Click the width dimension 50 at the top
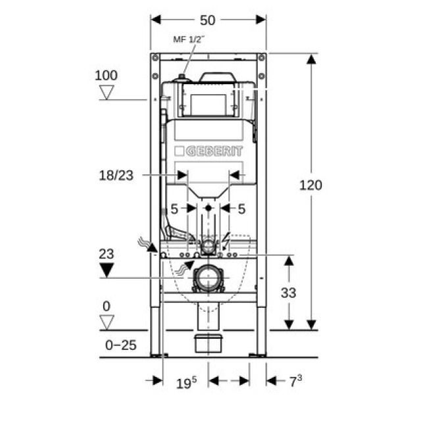point(208,20)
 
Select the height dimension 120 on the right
point(311,185)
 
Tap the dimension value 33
point(288,293)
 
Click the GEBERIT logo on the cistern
point(209,151)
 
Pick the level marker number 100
point(106,74)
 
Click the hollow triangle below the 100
point(107,93)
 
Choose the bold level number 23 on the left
point(106,252)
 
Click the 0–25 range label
point(121,345)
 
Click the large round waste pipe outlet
point(209,279)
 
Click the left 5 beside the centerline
point(174,209)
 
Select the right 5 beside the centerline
point(241,209)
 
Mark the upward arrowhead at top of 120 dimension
point(311,59)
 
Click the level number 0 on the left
point(106,306)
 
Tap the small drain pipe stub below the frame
point(209,344)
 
